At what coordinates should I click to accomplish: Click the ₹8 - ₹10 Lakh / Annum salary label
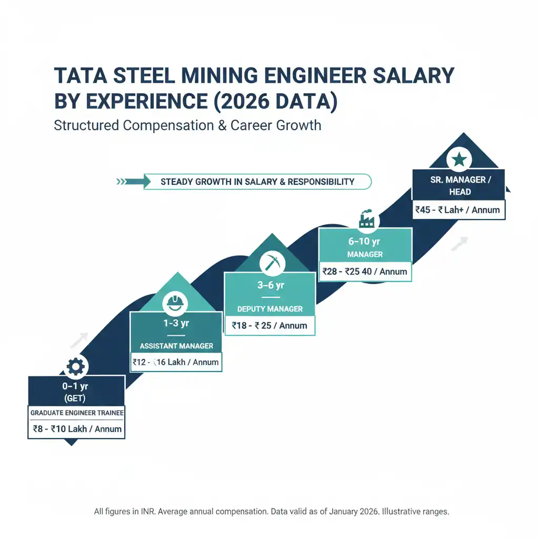76,428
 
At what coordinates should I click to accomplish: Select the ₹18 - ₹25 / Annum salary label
269,325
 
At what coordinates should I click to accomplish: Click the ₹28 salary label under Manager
365,272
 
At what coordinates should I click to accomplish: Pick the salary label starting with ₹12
176,362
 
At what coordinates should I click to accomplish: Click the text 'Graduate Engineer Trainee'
76,413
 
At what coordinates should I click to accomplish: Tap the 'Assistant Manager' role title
176,346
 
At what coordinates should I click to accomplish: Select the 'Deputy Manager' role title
269,308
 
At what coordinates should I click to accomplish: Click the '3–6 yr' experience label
269,285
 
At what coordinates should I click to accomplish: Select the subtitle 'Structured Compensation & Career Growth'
187,126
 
